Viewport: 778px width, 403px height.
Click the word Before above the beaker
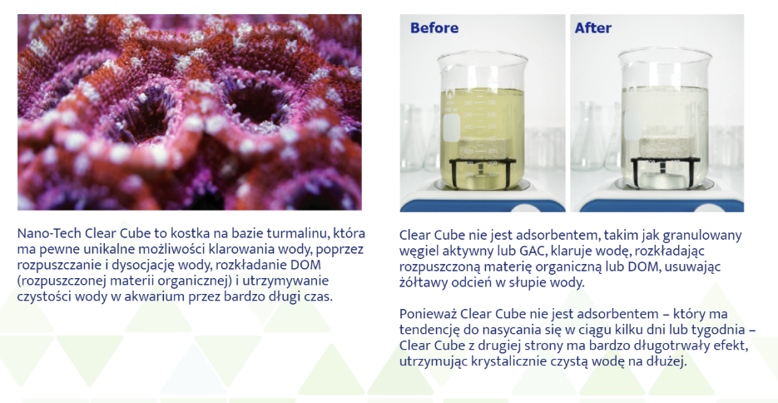434,27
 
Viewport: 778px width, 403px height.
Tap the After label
593,27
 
